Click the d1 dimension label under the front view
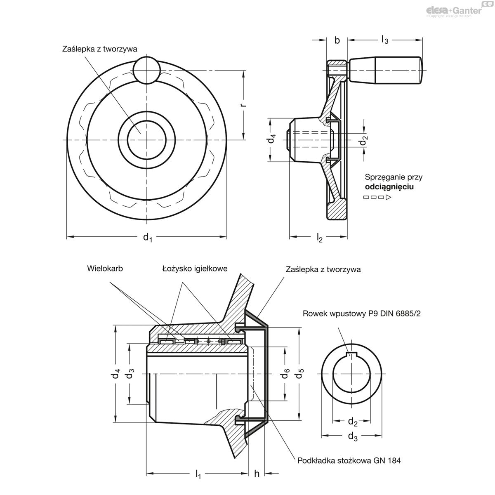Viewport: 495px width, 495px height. pyautogui.click(x=147, y=237)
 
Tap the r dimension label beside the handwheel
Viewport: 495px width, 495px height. pyautogui.click(x=243, y=105)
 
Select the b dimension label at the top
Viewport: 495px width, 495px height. pyautogui.click(x=337, y=40)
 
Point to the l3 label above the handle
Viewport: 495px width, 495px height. pyautogui.click(x=384, y=40)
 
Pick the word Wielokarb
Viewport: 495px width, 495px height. pyautogui.click(x=105, y=269)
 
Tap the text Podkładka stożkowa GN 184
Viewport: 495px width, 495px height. pyautogui.click(x=349, y=460)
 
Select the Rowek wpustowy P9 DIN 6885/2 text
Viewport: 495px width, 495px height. pyautogui.click(x=362, y=313)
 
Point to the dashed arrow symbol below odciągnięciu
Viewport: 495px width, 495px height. pyautogui.click(x=377, y=197)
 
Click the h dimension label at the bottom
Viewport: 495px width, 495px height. pyautogui.click(x=257, y=474)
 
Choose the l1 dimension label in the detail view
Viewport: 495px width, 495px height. pyautogui.click(x=198, y=474)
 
